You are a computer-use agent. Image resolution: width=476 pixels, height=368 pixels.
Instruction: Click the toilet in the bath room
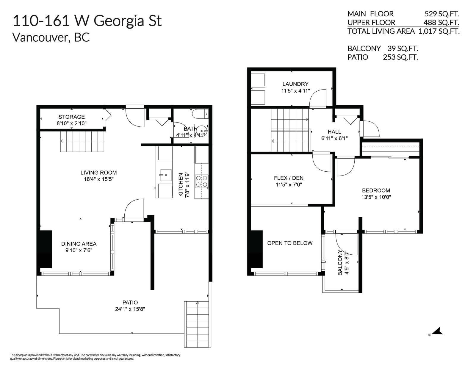(x=200, y=114)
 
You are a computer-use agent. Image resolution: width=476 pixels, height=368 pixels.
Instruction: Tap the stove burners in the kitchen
(x=201, y=181)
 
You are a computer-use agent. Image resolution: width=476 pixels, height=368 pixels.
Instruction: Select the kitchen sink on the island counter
(x=166, y=175)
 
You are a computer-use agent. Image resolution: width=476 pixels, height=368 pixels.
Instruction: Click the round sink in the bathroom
(x=202, y=131)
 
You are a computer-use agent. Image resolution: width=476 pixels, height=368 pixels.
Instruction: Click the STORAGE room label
(x=72, y=117)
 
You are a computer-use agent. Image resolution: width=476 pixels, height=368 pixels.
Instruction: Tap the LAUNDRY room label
(x=295, y=84)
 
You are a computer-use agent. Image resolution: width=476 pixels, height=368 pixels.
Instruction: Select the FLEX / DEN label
(x=289, y=178)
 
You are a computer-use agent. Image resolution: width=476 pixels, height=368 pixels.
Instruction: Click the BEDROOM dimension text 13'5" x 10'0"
(x=376, y=197)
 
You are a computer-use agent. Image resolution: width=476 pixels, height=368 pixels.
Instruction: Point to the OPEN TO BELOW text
(x=290, y=243)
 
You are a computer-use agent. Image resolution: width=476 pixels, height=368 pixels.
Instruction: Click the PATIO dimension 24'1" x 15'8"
(x=130, y=309)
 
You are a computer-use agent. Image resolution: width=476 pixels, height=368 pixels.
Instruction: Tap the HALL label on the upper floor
(x=334, y=132)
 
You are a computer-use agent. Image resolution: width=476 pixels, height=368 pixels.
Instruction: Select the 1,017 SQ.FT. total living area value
(x=439, y=32)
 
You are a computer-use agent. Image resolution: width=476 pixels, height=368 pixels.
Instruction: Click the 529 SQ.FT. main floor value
(x=442, y=14)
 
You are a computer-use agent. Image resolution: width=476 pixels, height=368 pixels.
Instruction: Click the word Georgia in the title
(x=118, y=21)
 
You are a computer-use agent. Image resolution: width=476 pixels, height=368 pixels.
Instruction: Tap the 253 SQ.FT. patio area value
(x=400, y=57)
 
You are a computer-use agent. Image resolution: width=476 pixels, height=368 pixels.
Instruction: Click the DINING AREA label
(x=79, y=244)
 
